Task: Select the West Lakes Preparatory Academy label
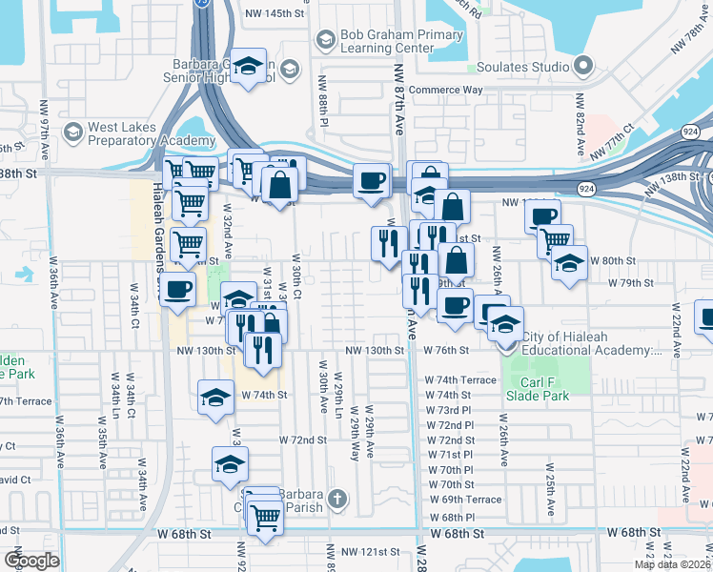coord(138,133)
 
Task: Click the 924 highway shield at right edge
coord(691,131)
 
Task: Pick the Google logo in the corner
coord(31,562)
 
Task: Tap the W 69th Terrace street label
coord(464,500)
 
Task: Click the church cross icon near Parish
coord(336,499)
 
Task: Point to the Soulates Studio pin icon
coord(583,67)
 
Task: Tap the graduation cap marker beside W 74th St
coord(216,397)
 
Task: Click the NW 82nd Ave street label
coord(579,134)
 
